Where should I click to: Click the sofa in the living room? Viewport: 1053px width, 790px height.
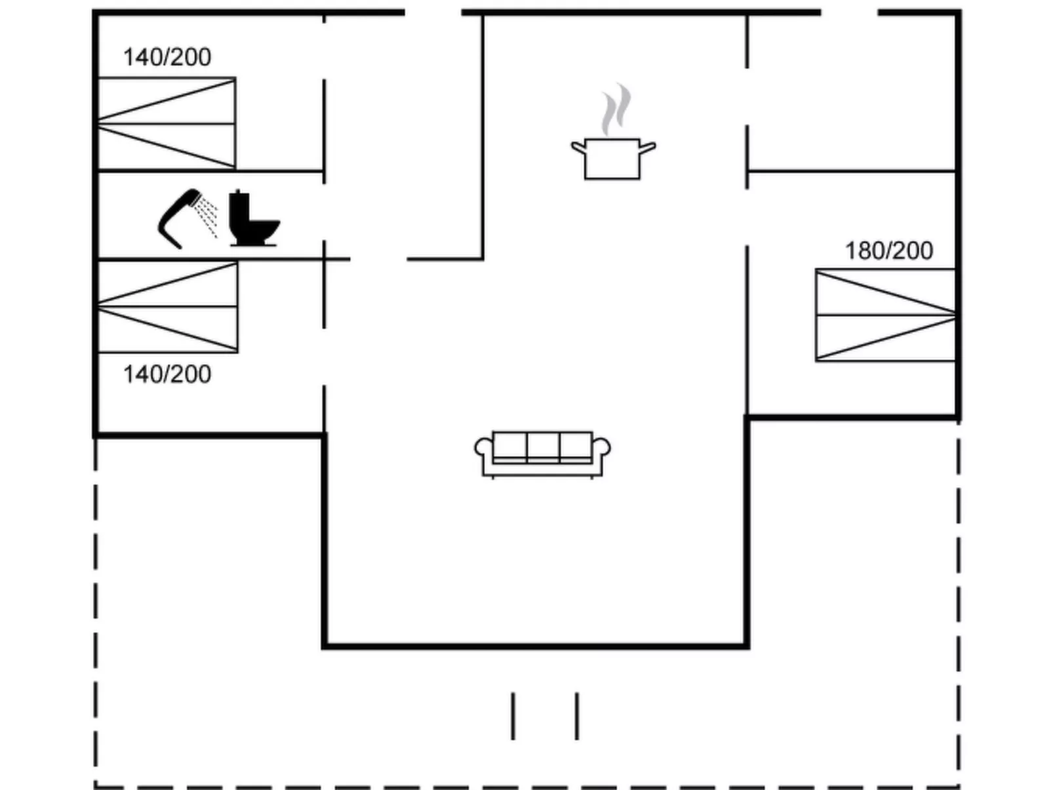(x=542, y=453)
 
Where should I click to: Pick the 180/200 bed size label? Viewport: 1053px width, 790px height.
(x=888, y=250)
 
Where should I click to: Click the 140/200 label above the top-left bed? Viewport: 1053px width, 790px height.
(x=167, y=57)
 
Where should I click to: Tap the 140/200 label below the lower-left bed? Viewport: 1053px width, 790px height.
(x=167, y=374)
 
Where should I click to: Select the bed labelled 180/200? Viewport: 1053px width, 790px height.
(x=884, y=315)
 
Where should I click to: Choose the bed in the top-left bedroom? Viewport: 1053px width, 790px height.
(x=167, y=123)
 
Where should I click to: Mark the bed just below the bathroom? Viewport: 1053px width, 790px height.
(x=167, y=307)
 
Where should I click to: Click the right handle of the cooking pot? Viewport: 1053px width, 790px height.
(x=647, y=147)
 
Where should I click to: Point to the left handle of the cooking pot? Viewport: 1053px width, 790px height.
(x=578, y=147)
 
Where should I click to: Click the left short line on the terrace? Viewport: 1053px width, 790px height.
(x=513, y=716)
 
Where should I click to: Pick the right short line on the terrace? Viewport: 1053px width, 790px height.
(x=577, y=716)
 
